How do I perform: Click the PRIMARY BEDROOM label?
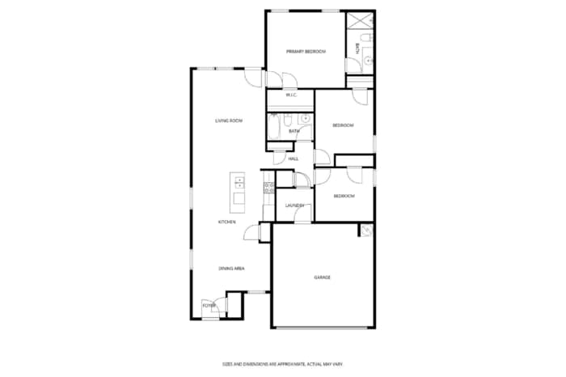[306, 52]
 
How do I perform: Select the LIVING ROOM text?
[229, 121]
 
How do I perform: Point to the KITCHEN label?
[226, 222]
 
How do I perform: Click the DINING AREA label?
[231, 268]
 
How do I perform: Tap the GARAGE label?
[322, 277]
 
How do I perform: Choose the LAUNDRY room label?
[294, 205]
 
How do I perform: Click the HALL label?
[293, 159]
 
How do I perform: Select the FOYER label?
[209, 306]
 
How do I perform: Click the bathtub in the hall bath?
[273, 126]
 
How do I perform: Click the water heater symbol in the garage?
[365, 231]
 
